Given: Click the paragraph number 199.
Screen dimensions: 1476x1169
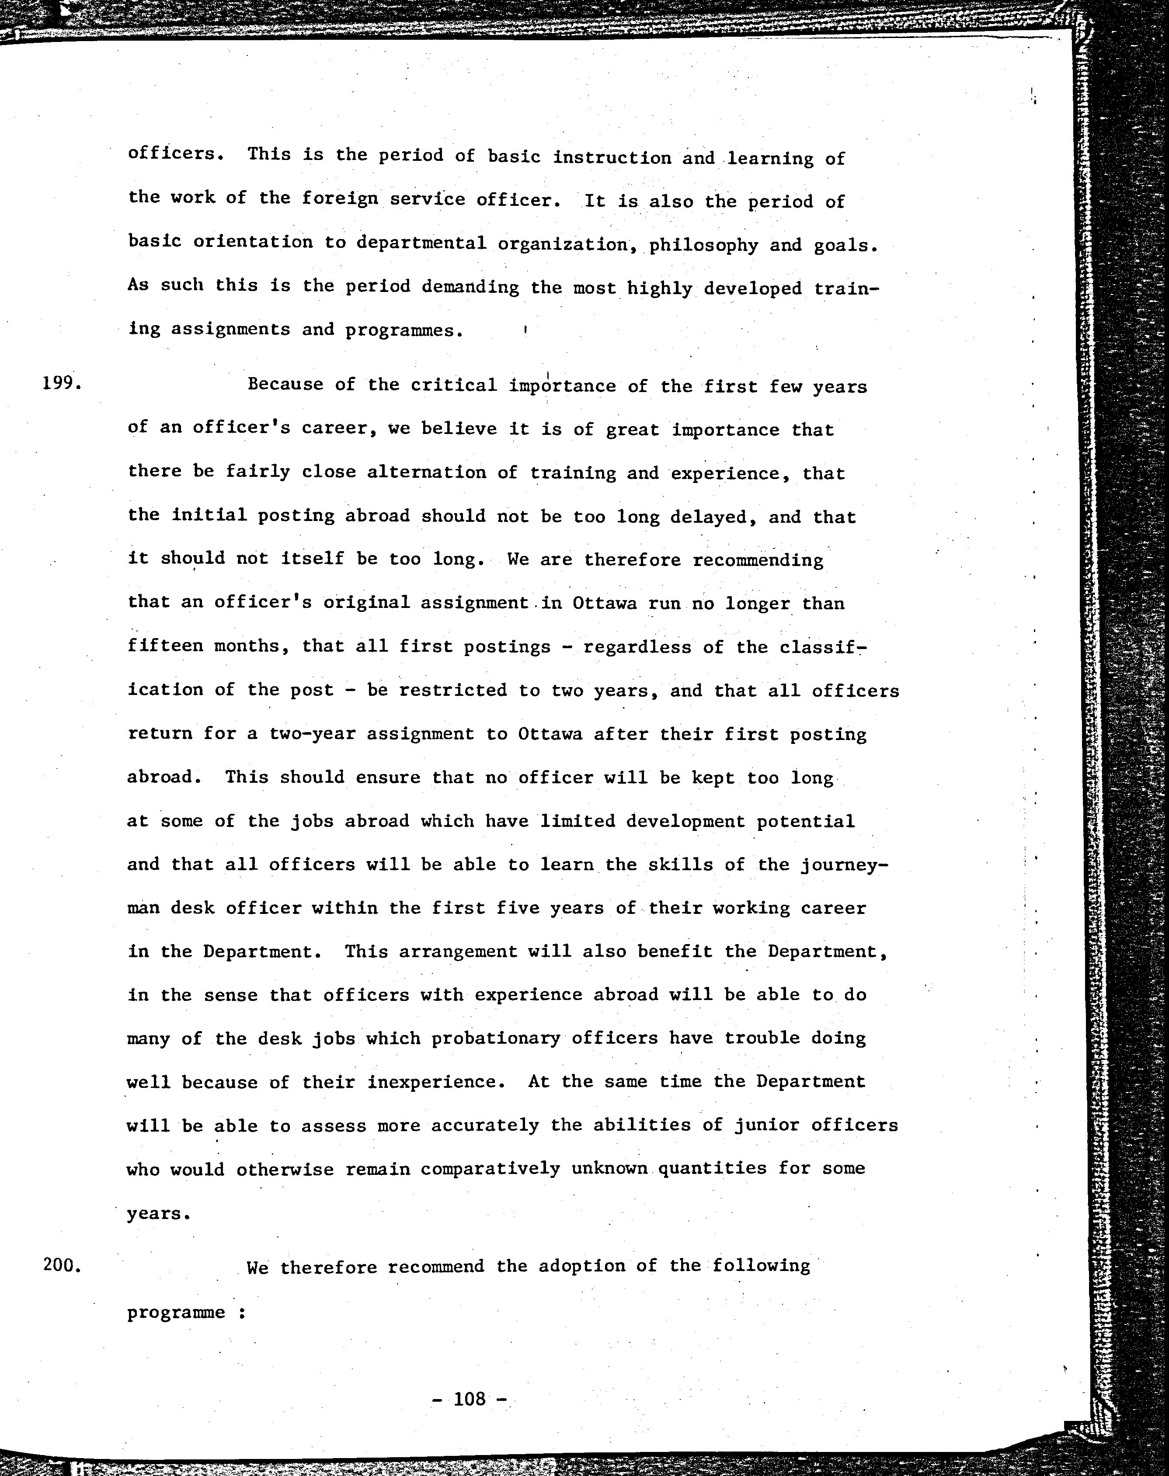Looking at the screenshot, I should coord(62,383).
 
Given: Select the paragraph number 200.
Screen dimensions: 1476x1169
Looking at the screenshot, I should coord(62,1265).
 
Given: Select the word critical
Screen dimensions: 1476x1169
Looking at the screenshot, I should coord(454,385).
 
